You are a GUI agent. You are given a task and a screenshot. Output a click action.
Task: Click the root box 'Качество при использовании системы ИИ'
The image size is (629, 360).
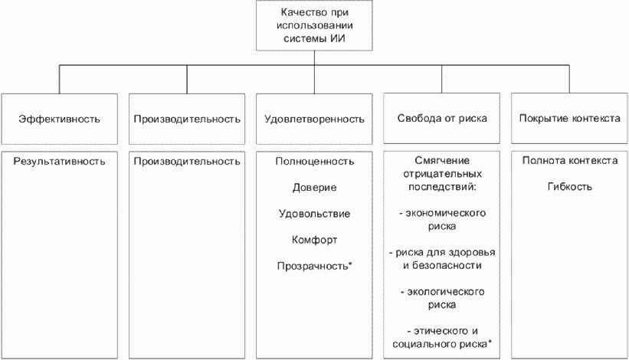click(x=314, y=25)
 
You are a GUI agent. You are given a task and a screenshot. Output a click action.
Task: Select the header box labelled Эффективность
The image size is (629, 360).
click(x=59, y=119)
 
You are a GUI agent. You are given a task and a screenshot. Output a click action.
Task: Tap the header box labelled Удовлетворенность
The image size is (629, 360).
click(x=314, y=119)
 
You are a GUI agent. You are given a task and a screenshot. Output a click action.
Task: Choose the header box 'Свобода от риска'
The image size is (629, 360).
click(x=442, y=119)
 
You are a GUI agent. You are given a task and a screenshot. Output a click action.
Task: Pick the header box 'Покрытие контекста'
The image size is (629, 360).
click(x=569, y=119)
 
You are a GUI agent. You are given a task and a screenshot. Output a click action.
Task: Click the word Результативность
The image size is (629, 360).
click(x=59, y=162)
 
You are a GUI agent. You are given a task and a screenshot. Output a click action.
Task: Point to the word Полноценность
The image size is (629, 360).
click(x=314, y=162)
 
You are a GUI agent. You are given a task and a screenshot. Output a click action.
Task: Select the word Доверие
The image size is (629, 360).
click(x=314, y=188)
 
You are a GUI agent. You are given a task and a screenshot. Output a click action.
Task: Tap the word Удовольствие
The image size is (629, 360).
click(x=314, y=214)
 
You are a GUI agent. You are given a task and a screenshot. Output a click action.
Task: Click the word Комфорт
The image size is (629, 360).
click(x=314, y=240)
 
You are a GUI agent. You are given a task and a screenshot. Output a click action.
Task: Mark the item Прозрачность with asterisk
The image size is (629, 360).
click(x=314, y=266)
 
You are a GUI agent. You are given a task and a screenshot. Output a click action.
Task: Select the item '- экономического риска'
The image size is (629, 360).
click(x=442, y=220)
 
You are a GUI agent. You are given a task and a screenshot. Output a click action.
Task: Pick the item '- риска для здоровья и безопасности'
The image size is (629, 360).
click(x=442, y=259)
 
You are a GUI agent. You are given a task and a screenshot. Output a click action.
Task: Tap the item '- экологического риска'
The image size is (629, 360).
click(x=442, y=298)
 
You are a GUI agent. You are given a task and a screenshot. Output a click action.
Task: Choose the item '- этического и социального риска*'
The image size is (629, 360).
click(x=442, y=337)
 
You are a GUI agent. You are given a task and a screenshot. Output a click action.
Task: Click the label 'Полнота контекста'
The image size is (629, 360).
click(x=569, y=162)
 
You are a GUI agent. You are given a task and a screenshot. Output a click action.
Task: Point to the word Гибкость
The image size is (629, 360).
click(x=569, y=188)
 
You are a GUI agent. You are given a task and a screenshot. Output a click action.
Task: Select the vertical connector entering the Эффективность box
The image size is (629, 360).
click(x=59, y=80)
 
